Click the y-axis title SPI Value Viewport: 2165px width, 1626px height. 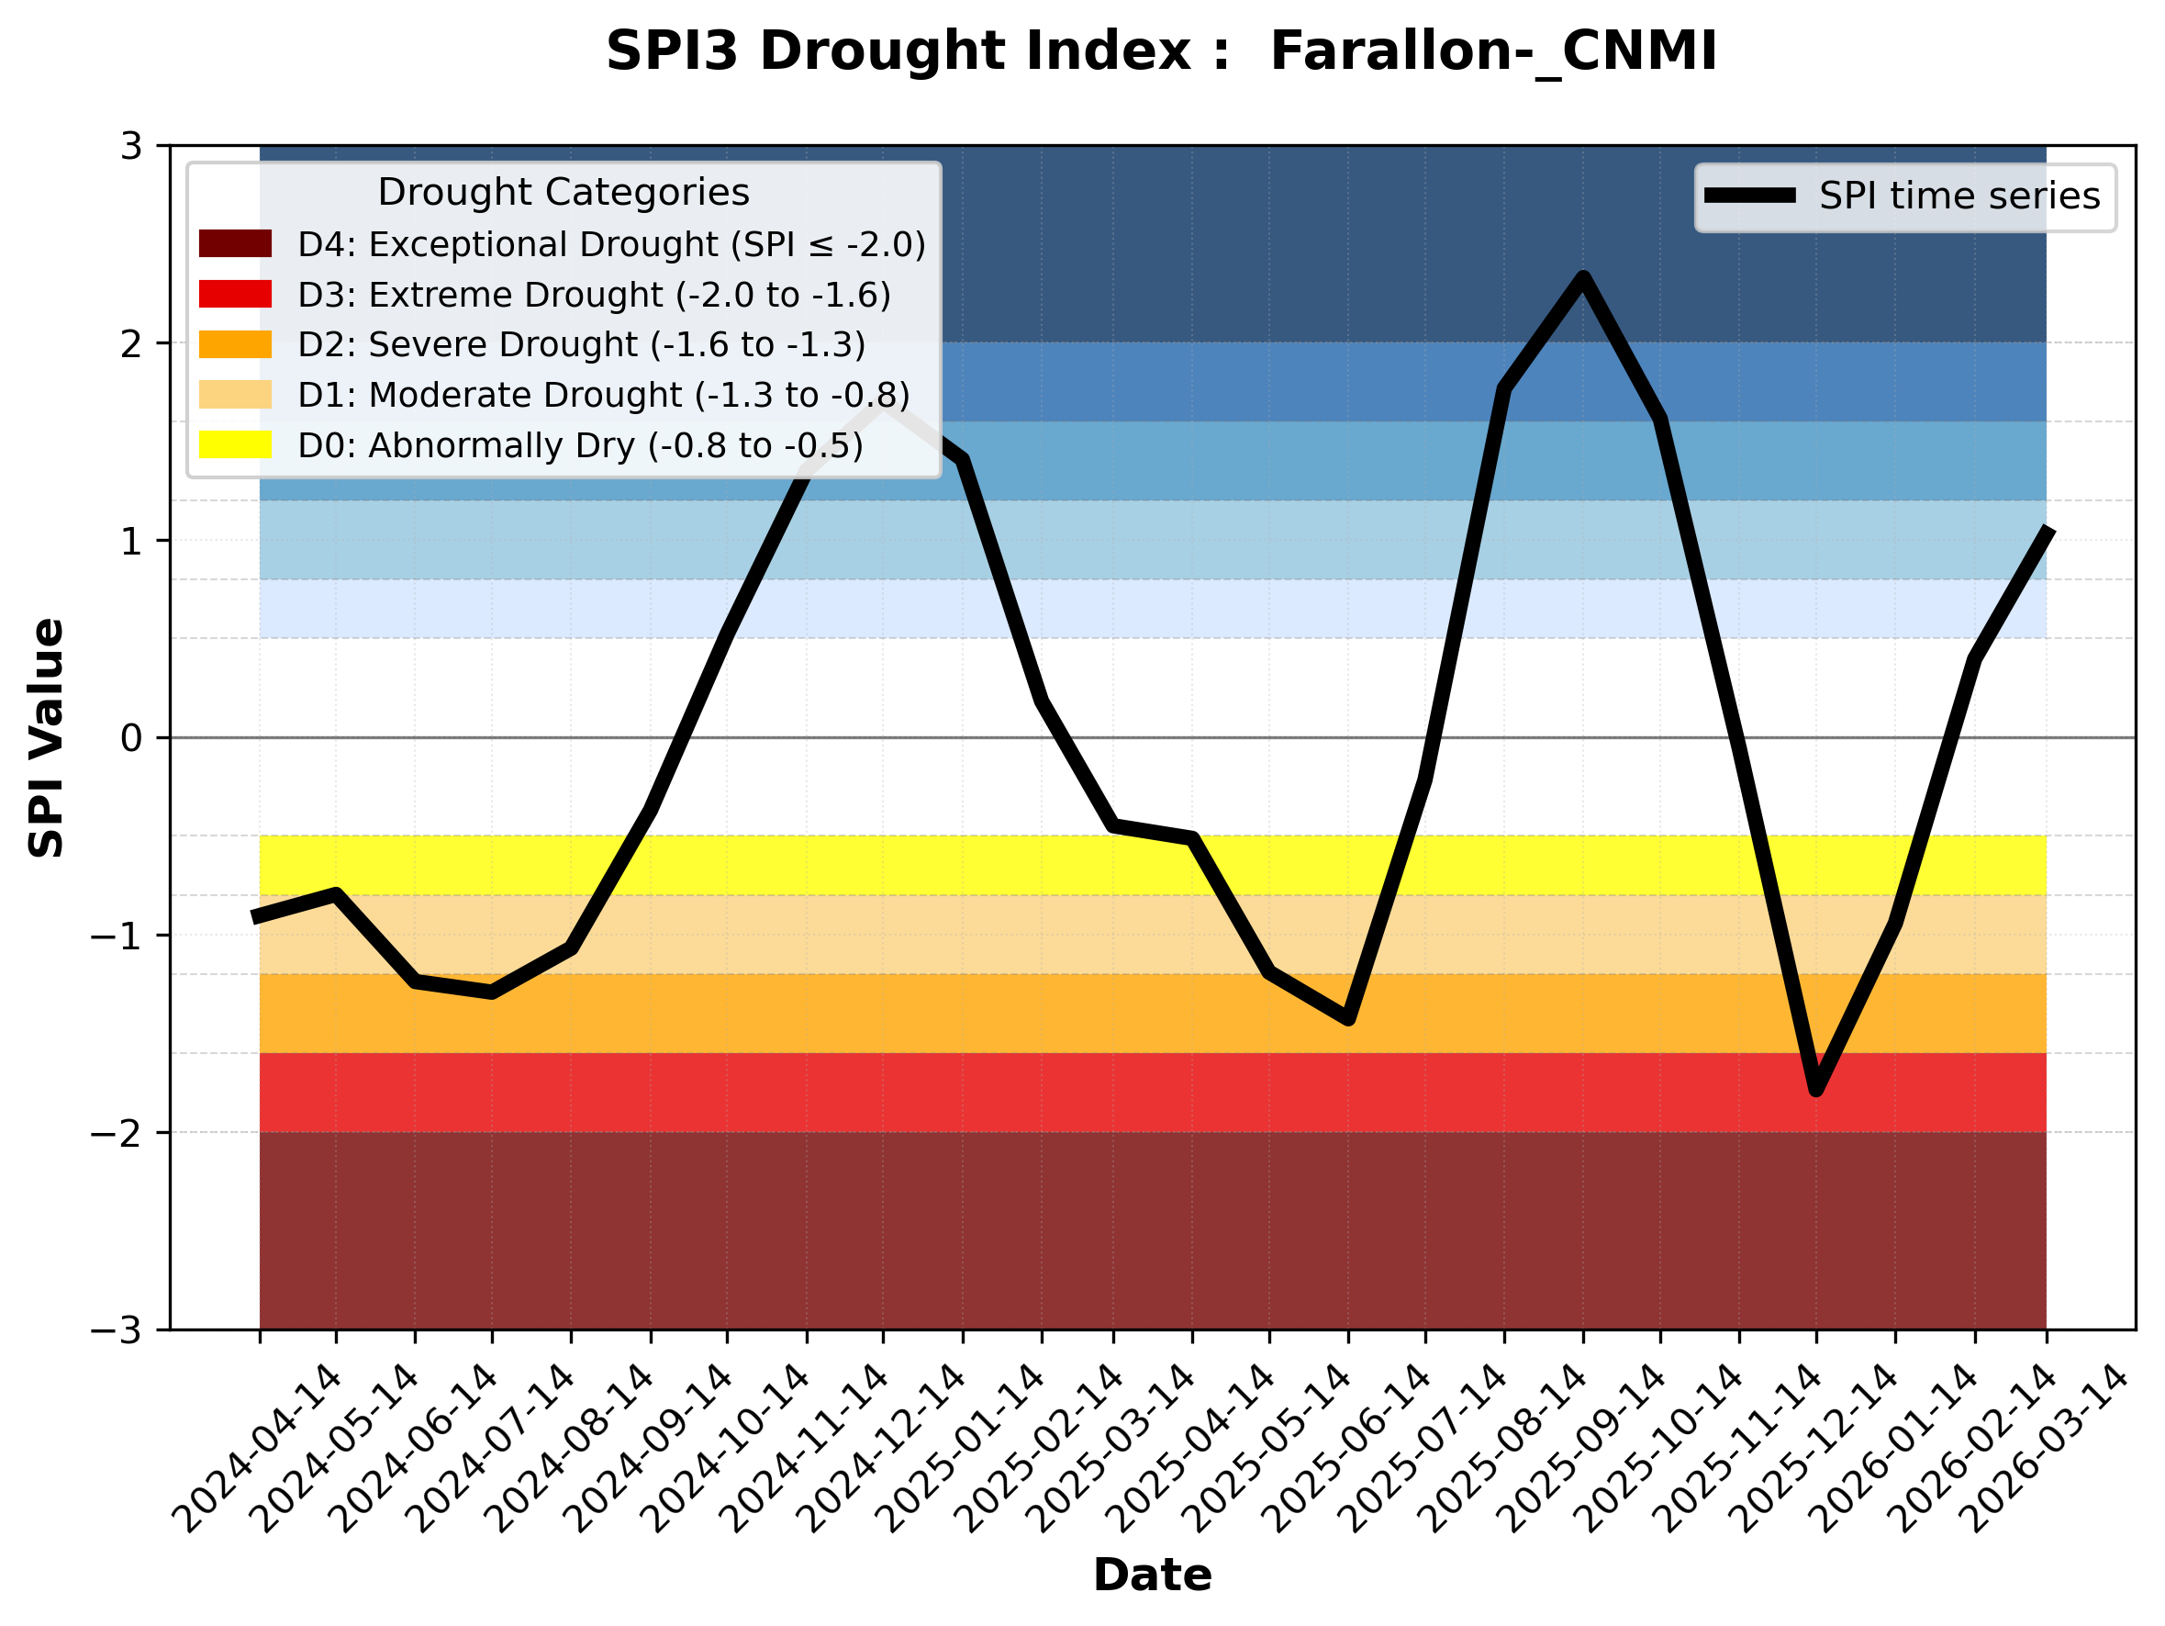[x=46, y=738]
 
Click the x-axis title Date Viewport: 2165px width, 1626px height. [x=1152, y=1576]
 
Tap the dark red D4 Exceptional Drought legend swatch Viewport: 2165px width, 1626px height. [x=235, y=243]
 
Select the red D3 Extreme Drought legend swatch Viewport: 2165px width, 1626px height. [x=235, y=294]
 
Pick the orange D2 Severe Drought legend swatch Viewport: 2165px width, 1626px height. [x=235, y=344]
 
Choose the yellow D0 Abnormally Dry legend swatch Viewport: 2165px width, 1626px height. [x=235, y=444]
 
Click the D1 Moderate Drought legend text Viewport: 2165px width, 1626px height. [x=603, y=395]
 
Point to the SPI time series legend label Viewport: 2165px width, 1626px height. [x=1959, y=196]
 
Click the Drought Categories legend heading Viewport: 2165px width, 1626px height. [x=563, y=192]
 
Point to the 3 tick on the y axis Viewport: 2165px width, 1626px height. [x=131, y=146]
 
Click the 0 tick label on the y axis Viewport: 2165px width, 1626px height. [x=131, y=738]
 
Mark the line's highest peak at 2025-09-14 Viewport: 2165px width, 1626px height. [x=1582, y=278]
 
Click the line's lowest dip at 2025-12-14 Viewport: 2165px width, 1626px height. [x=1816, y=1090]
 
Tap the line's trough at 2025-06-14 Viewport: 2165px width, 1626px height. [x=1349, y=1019]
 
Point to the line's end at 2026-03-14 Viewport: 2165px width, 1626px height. [x=2047, y=531]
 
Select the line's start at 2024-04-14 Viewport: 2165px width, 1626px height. [x=256, y=916]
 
